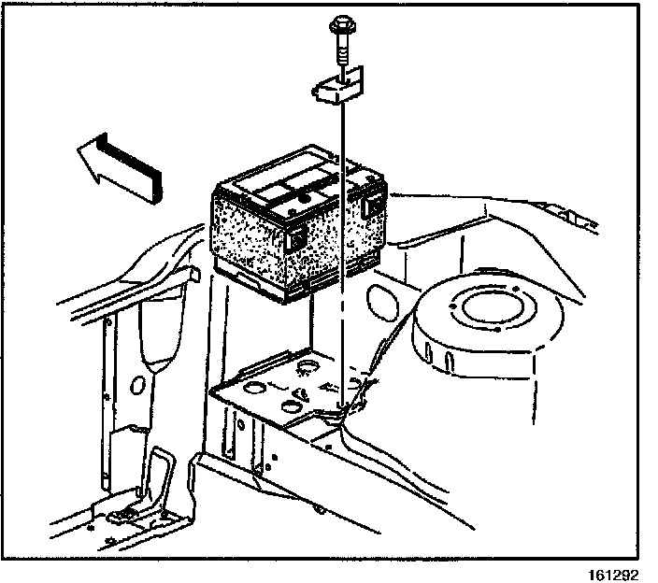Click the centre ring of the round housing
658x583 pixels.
coord(488,308)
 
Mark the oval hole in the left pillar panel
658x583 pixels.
coord(137,385)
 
